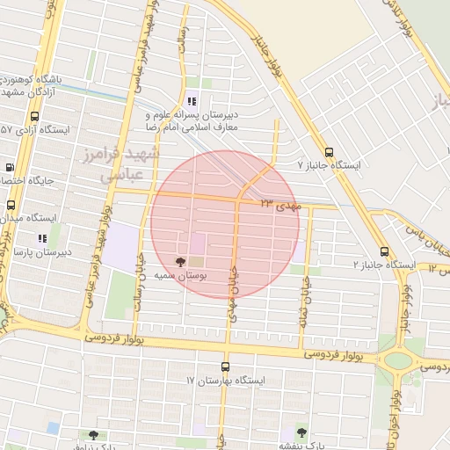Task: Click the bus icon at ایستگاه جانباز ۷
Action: coord(329,151)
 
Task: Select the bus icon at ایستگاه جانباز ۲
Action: coord(384,251)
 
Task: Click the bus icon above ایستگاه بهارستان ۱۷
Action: coord(225,367)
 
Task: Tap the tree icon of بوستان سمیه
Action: coord(181,262)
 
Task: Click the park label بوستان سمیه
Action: coord(181,275)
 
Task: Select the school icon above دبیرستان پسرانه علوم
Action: coord(192,100)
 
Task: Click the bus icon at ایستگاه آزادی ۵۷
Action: coord(34,116)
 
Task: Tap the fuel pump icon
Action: coord(10,166)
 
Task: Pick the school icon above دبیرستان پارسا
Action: coord(41,238)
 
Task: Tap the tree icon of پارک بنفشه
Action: coord(301,432)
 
